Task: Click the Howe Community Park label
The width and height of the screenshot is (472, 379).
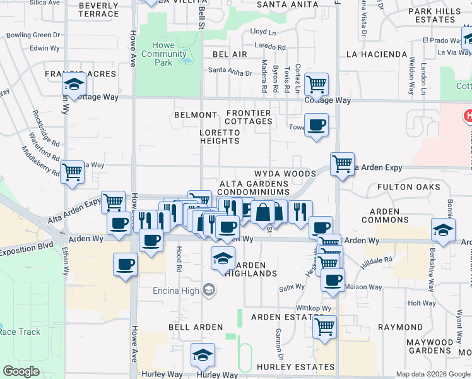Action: click(164, 54)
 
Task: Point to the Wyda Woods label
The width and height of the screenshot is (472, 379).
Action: click(285, 174)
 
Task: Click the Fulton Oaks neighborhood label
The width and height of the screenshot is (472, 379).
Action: click(408, 187)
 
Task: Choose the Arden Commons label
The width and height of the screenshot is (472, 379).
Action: click(385, 215)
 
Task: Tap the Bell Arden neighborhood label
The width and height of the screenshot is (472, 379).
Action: click(195, 327)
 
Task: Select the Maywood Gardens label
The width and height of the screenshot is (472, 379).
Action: click(429, 346)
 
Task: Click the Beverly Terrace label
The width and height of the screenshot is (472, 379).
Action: click(99, 9)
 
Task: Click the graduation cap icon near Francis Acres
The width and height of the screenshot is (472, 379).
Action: click(74, 84)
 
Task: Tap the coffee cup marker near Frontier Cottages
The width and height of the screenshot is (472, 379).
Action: click(316, 124)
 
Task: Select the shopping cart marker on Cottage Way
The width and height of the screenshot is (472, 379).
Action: click(316, 84)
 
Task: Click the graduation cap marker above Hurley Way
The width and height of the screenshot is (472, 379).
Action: click(203, 356)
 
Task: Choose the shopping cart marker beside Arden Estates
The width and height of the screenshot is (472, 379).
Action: click(324, 327)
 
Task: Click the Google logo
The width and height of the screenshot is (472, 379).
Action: click(21, 371)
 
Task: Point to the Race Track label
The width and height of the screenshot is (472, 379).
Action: click(20, 332)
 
